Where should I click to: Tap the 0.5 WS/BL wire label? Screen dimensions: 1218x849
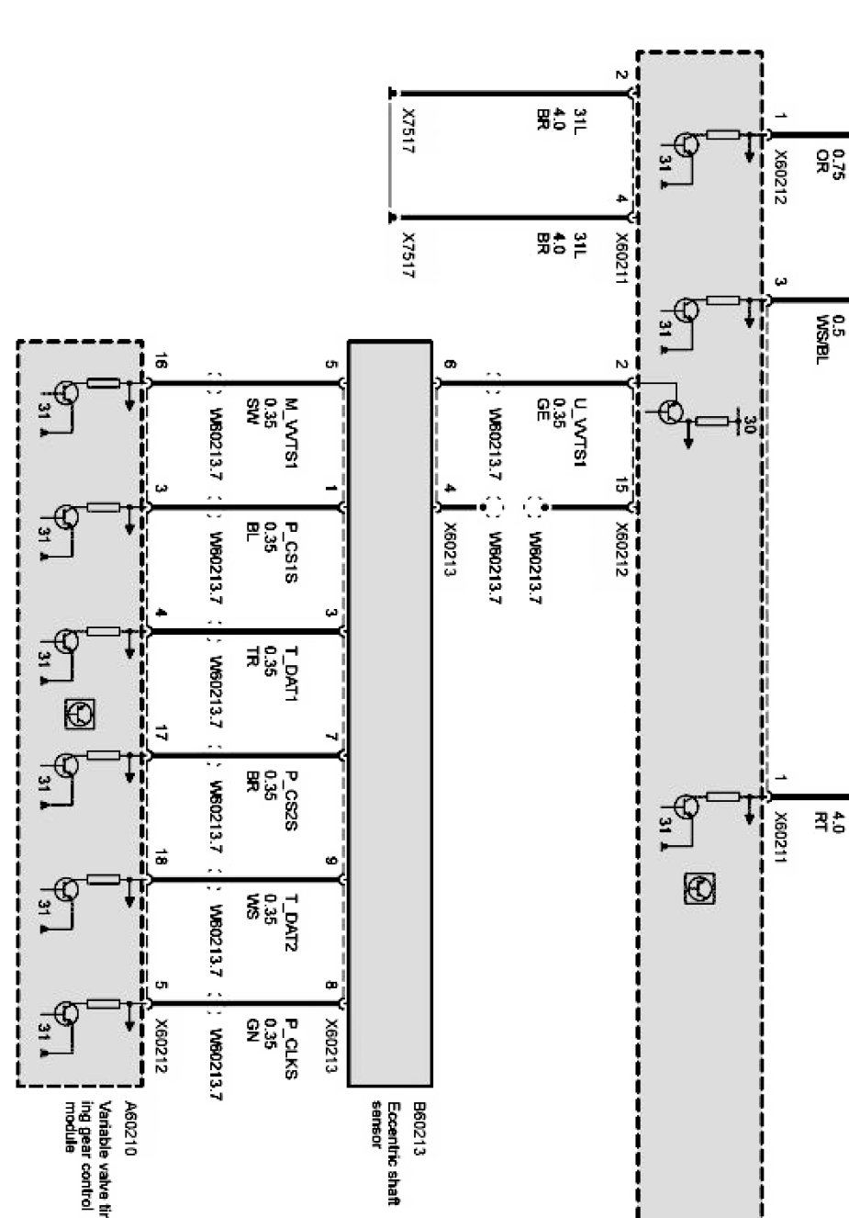(x=829, y=339)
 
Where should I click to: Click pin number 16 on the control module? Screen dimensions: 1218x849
(x=160, y=365)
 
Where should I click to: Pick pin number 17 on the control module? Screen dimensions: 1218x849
(x=161, y=734)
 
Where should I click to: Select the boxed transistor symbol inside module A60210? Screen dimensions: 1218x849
(x=80, y=713)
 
